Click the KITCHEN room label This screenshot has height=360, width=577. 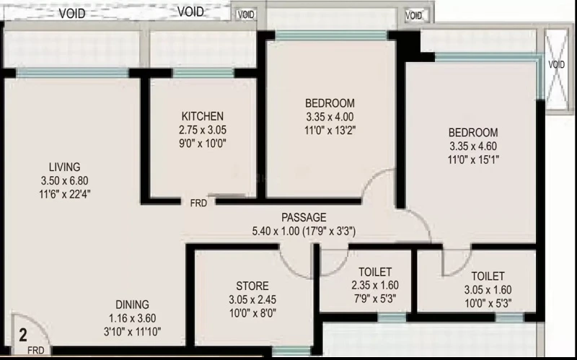(x=203, y=116)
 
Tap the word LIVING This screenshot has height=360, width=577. (x=65, y=167)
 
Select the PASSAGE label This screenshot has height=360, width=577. (x=304, y=218)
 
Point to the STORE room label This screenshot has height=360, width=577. (x=252, y=286)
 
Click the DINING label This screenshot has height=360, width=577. (x=133, y=304)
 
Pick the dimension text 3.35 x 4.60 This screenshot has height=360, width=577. (x=473, y=146)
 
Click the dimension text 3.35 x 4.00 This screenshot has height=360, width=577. (x=330, y=117)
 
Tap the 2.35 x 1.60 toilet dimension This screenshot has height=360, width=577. (x=375, y=285)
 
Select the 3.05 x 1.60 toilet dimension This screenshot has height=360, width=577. (x=488, y=290)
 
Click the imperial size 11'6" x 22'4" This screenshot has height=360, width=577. (x=65, y=194)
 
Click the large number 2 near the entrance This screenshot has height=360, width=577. (x=23, y=335)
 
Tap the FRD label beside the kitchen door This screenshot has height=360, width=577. (x=198, y=203)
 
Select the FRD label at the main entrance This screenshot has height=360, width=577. (x=35, y=351)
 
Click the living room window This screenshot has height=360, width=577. (x=73, y=73)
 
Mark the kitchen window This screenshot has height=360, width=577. (x=203, y=73)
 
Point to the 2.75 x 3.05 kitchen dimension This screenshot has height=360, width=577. (x=203, y=130)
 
